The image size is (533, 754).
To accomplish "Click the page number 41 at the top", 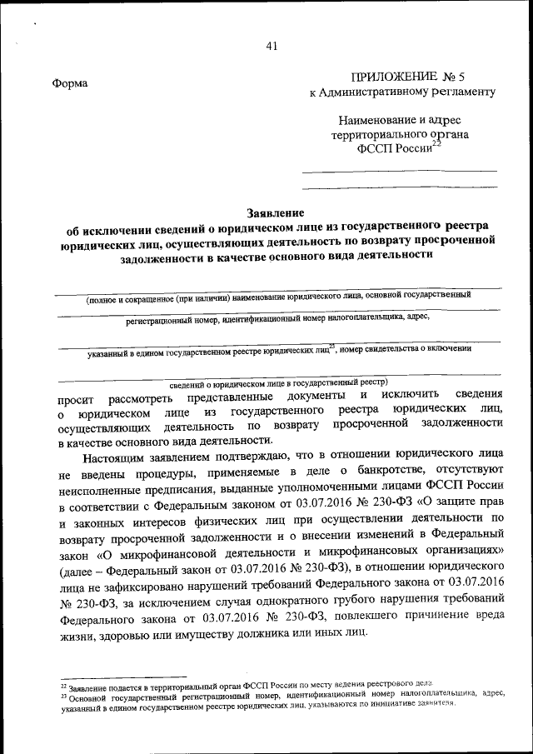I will (x=271, y=47).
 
